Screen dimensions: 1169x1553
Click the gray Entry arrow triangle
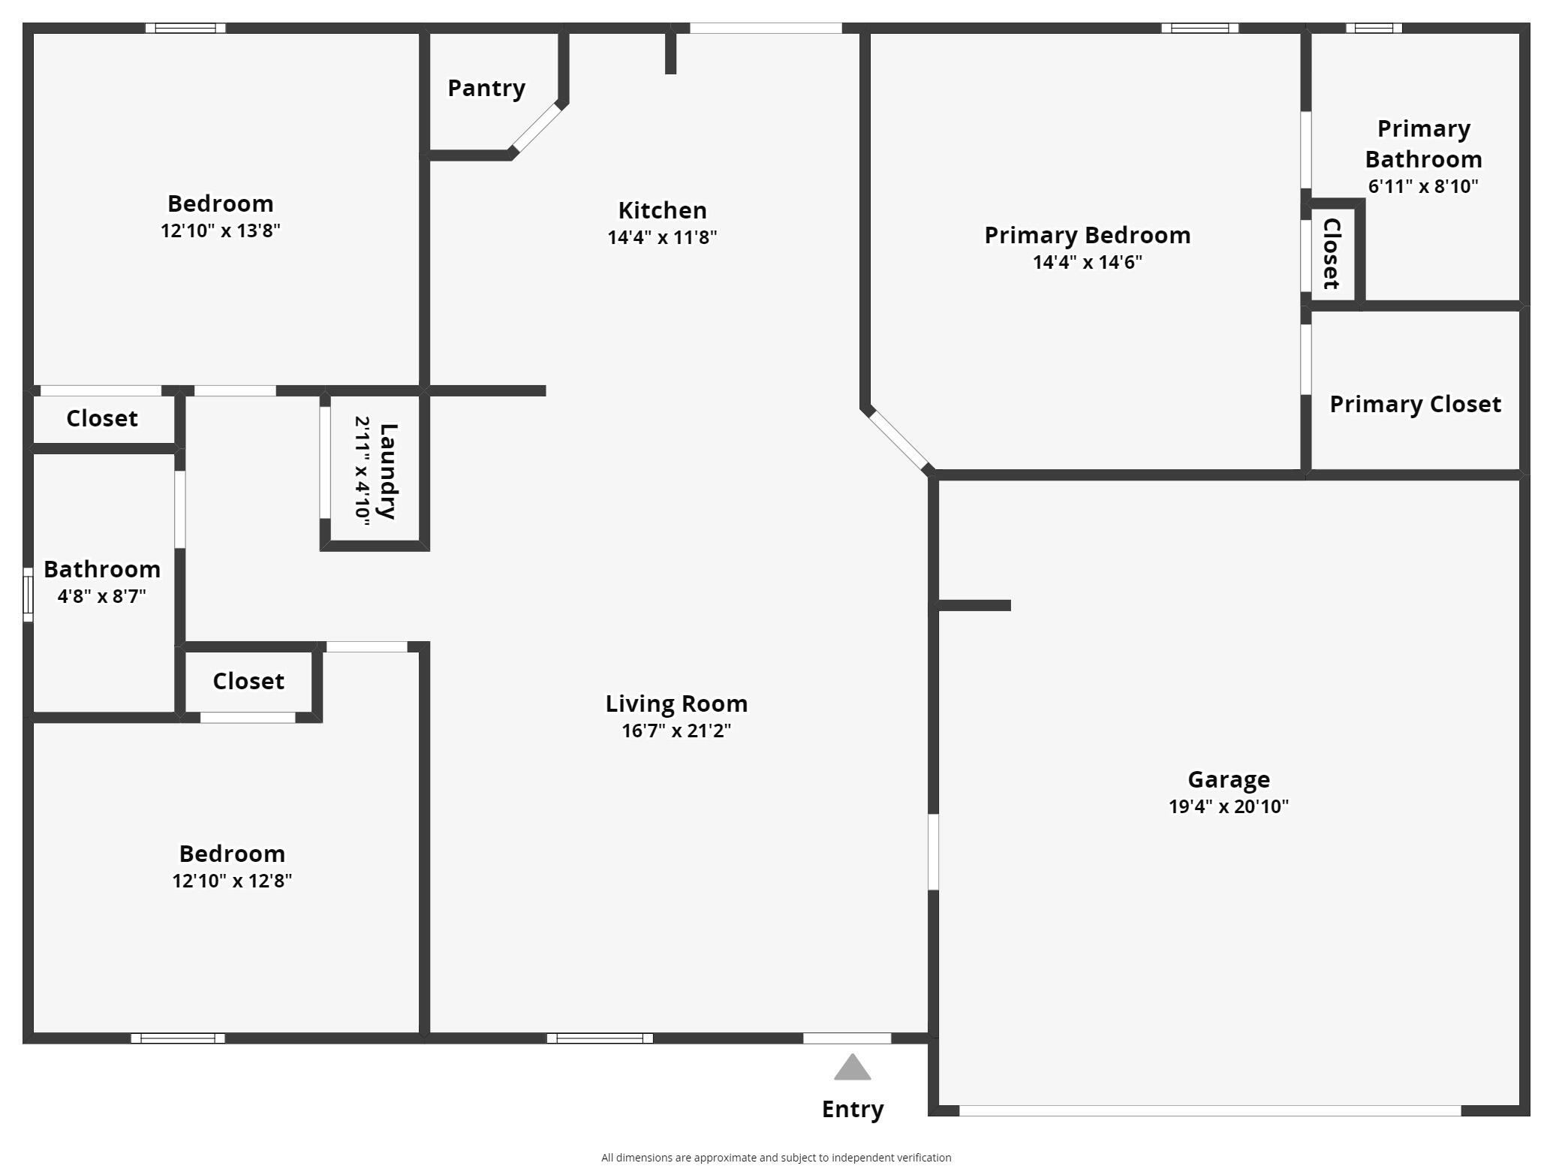pyautogui.click(x=852, y=1068)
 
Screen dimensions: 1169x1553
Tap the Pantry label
pyautogui.click(x=486, y=88)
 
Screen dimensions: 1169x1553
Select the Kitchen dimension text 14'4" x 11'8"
pyautogui.click(x=662, y=237)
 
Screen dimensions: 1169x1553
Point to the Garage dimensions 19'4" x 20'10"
pyautogui.click(x=1228, y=806)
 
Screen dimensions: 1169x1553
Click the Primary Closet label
pyautogui.click(x=1415, y=404)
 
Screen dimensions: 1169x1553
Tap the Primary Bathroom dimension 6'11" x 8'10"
pyautogui.click(x=1422, y=186)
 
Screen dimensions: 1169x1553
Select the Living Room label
pyautogui.click(x=676, y=704)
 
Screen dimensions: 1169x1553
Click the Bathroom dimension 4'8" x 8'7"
pyautogui.click(x=102, y=596)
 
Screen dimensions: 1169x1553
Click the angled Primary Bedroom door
pyautogui.click(x=898, y=439)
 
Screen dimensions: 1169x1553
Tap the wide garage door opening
pyautogui.click(x=1209, y=1110)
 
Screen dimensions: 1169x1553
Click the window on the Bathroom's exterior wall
pyautogui.click(x=28, y=595)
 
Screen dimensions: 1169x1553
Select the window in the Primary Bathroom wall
pyautogui.click(x=1374, y=29)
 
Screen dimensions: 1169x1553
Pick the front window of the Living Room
pyautogui.click(x=600, y=1038)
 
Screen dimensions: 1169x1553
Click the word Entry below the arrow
pyautogui.click(x=853, y=1109)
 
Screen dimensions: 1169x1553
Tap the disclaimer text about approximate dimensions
pyautogui.click(x=776, y=1158)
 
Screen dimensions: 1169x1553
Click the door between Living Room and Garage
pyautogui.click(x=933, y=852)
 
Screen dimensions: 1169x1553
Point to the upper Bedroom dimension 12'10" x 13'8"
pyautogui.click(x=221, y=230)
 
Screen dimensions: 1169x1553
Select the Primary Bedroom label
pyautogui.click(x=1087, y=235)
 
